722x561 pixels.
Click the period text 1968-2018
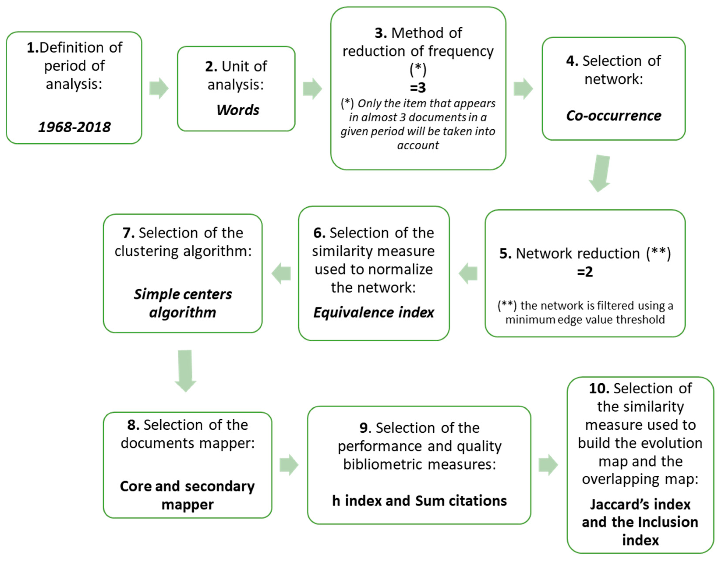coord(74,127)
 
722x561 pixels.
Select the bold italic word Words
coord(238,110)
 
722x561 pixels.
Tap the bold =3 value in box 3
coord(418,88)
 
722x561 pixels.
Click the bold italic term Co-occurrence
coord(614,116)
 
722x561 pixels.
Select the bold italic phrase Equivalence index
coord(374,312)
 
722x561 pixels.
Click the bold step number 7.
coord(128,233)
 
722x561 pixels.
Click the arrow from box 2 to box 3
coord(312,89)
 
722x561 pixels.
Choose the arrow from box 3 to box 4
coord(523,89)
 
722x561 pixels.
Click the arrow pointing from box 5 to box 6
coord(468,273)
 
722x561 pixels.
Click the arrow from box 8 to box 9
coord(289,465)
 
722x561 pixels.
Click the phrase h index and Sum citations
coord(419,501)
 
